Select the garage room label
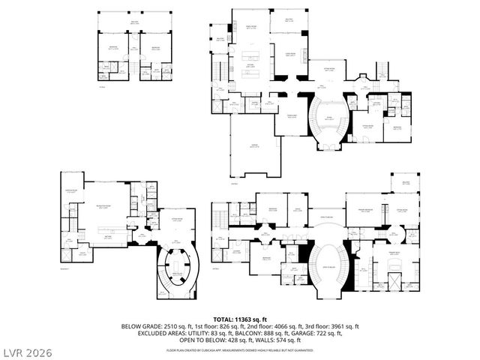click(x=255, y=156)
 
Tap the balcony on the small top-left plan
click(x=135, y=22)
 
